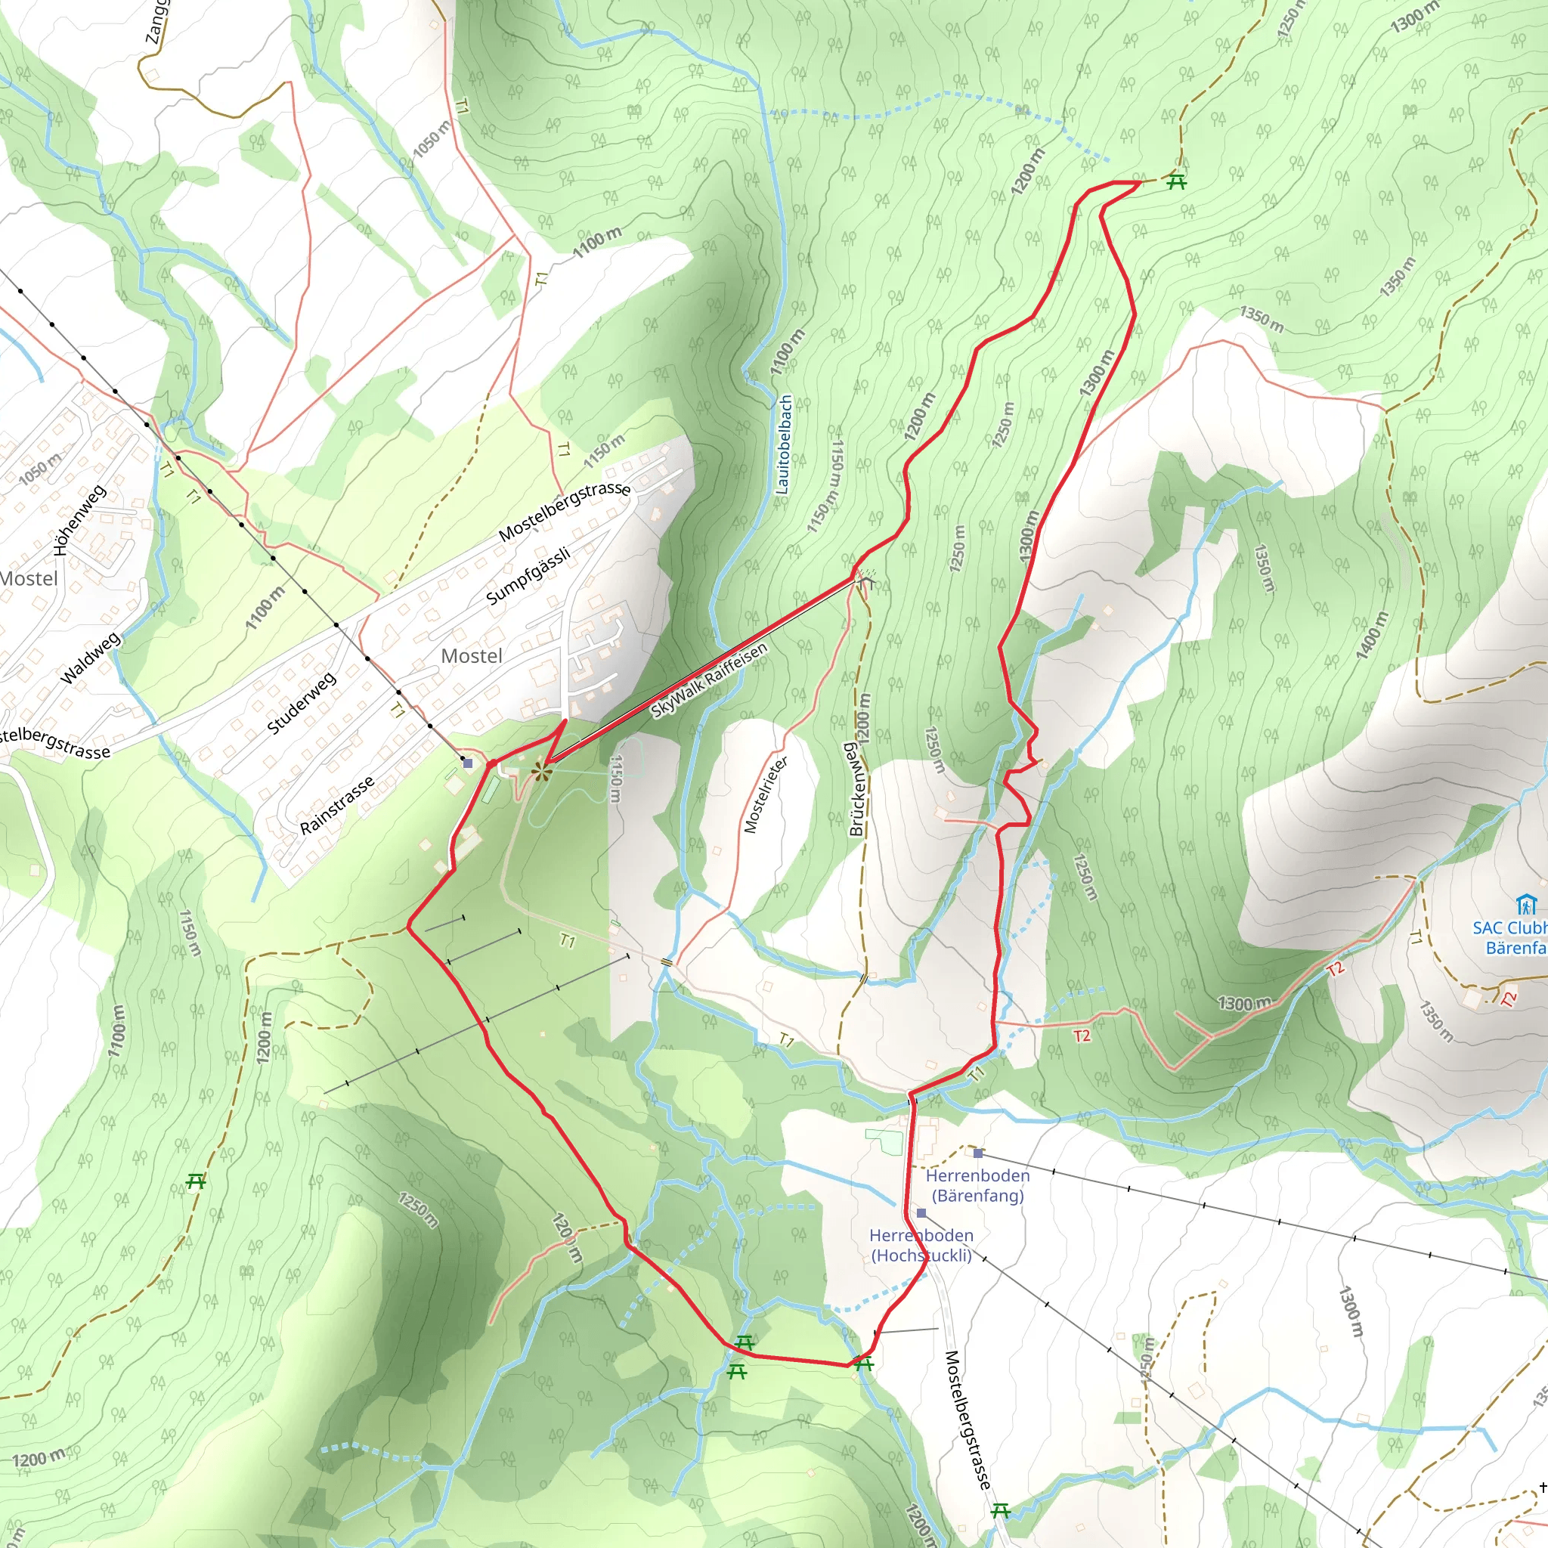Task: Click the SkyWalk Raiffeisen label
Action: [709, 680]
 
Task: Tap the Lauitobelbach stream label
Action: [785, 444]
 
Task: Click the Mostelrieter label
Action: [765, 794]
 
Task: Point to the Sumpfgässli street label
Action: [528, 575]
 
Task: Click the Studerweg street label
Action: [302, 704]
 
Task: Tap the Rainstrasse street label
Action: [336, 804]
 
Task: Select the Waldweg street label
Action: [91, 658]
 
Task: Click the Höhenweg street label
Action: [79, 520]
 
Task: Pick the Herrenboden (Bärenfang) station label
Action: [977, 1185]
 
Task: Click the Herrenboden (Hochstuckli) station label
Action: [921, 1245]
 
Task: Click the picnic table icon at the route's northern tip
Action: [1176, 182]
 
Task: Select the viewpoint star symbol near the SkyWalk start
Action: [542, 772]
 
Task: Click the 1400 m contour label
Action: [1372, 636]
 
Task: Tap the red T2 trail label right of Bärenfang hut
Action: [1509, 998]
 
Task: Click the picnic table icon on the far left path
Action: [196, 1181]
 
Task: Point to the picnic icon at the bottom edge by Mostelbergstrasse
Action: [1001, 1511]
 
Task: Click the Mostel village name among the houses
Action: [472, 656]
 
